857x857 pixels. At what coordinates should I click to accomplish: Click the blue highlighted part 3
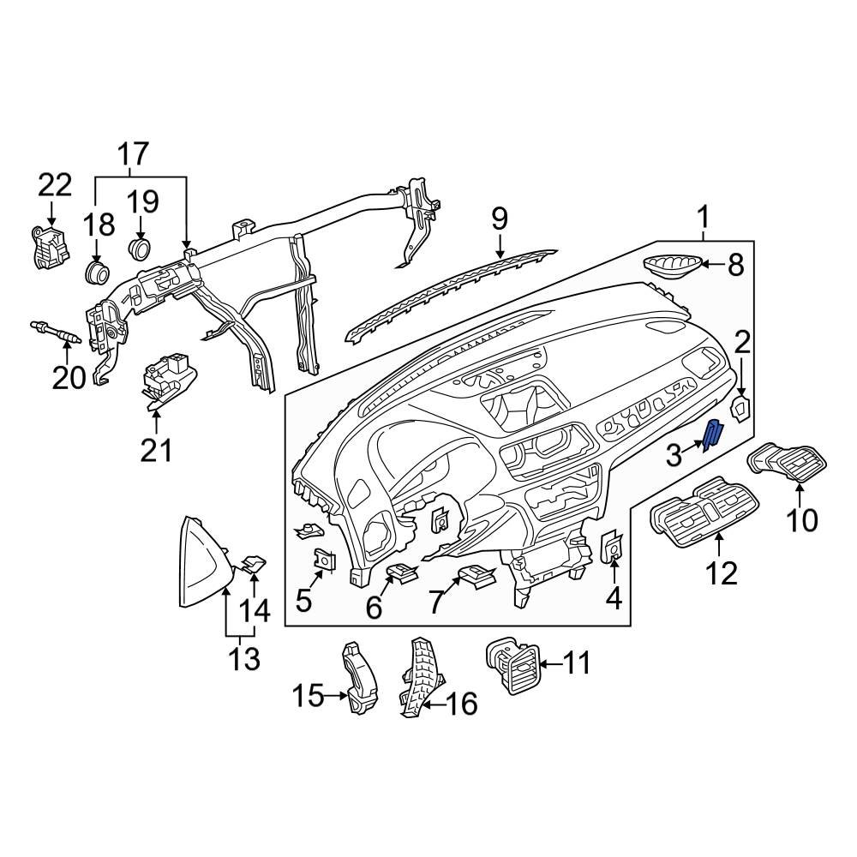[712, 435]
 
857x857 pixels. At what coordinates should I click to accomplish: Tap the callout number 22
[56, 185]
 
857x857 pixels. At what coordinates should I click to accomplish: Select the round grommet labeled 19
[140, 249]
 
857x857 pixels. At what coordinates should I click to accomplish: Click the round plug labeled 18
[97, 273]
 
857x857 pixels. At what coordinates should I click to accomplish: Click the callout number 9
[500, 219]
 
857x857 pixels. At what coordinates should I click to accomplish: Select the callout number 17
[133, 155]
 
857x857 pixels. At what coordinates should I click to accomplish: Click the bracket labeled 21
[167, 381]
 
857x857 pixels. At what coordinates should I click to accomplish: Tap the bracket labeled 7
[476, 576]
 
